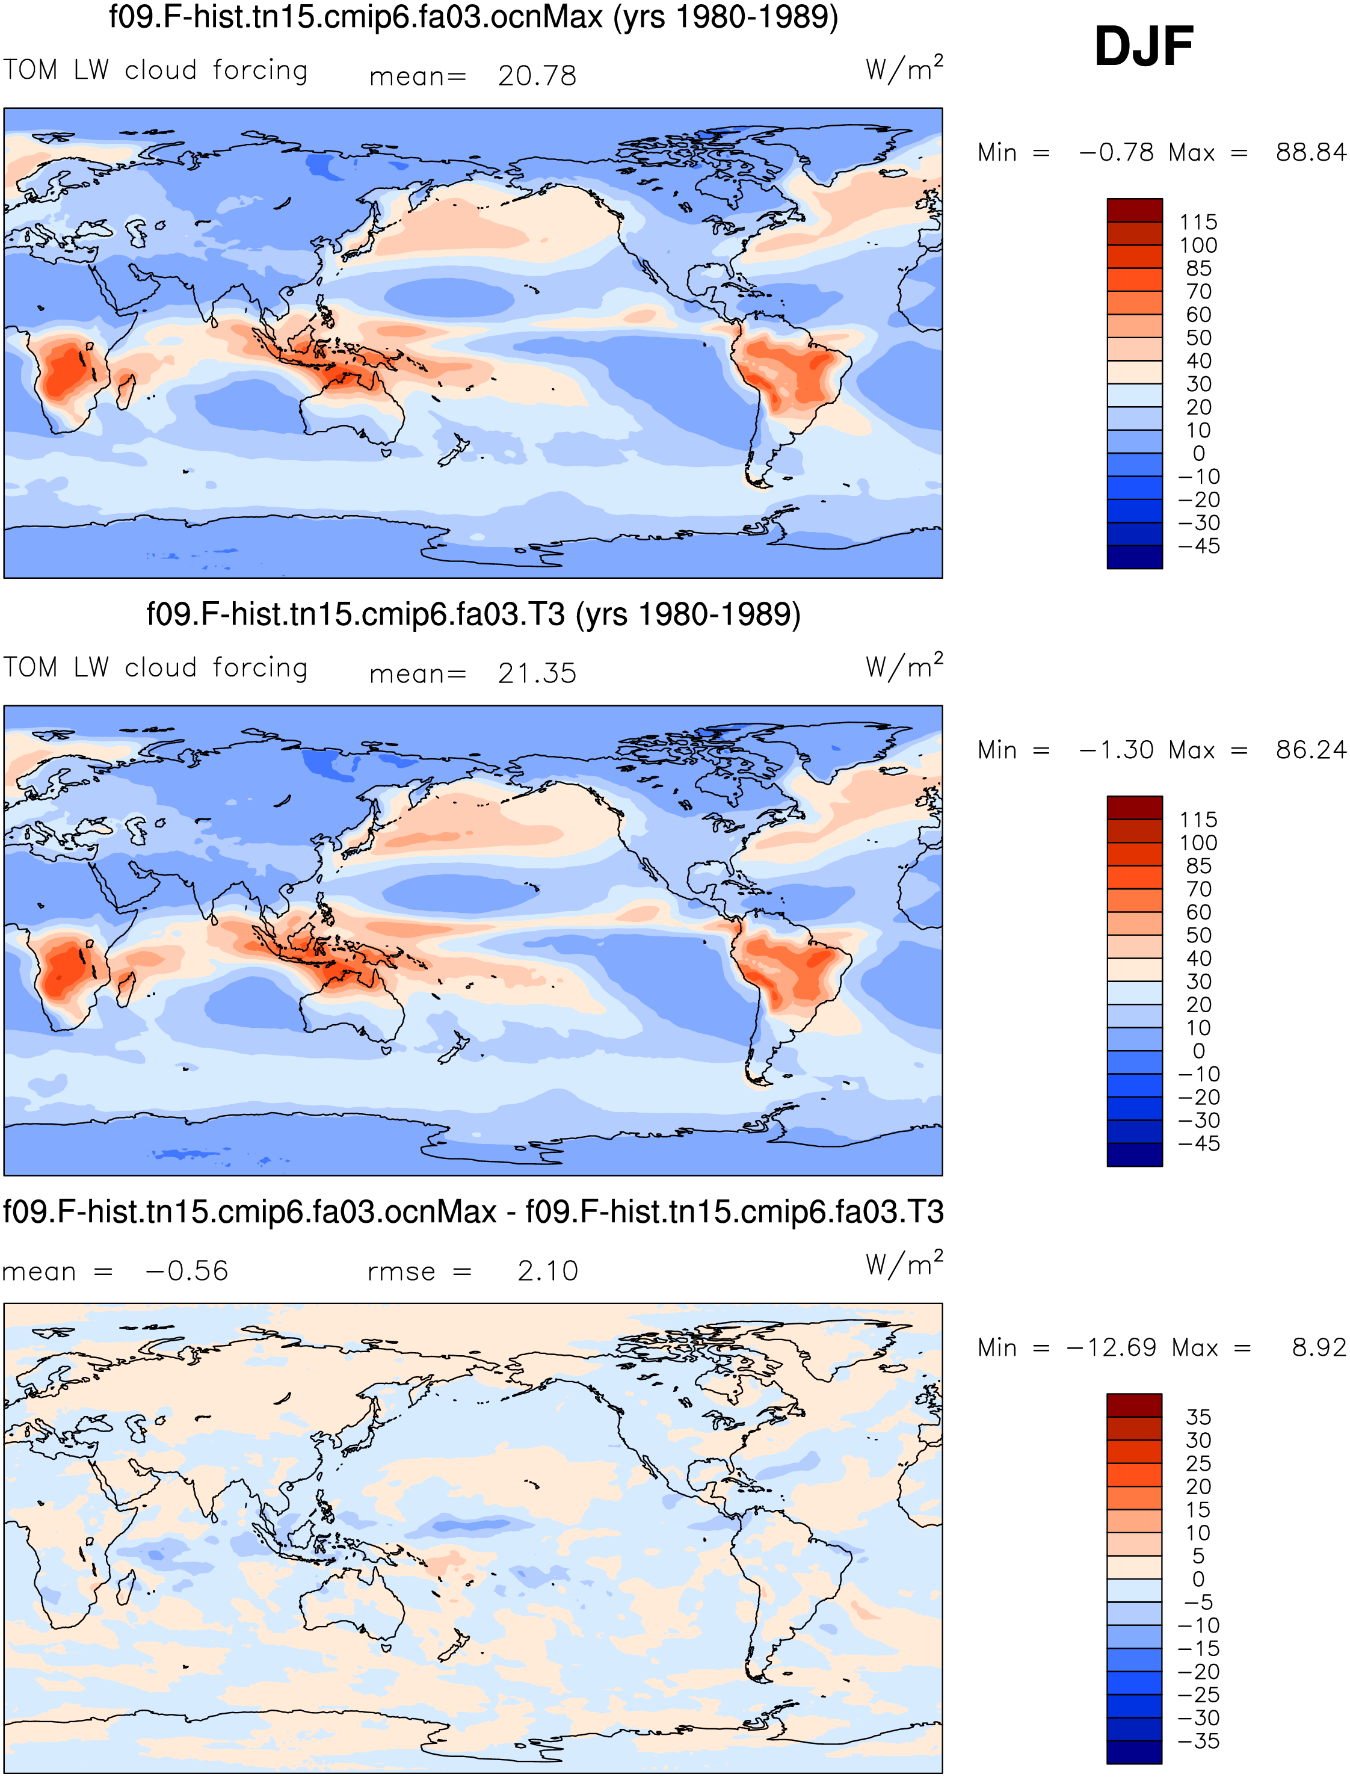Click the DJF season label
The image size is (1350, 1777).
pos(1144,46)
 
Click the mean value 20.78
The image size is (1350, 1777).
pos(537,76)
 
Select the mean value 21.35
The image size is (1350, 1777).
pos(537,673)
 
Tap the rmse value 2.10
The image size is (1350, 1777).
pos(547,1271)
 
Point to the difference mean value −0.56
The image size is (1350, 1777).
pos(186,1271)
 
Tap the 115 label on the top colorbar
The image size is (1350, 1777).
pos(1198,222)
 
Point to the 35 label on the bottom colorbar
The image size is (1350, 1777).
pos(1198,1417)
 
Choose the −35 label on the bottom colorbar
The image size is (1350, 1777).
pos(1198,1741)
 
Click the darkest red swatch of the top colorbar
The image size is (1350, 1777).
pos(1135,211)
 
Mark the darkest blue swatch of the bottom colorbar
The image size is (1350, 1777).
pos(1135,1752)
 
